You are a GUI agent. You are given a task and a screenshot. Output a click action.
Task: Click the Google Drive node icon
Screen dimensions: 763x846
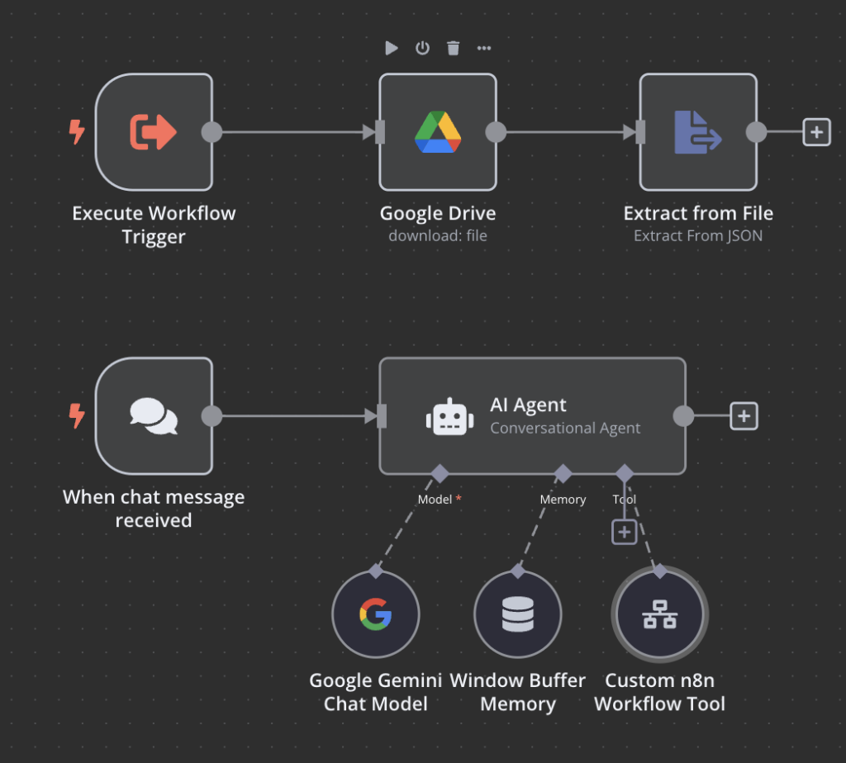[437, 132]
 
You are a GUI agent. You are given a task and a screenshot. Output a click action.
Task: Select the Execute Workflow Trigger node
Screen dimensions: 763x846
[154, 132]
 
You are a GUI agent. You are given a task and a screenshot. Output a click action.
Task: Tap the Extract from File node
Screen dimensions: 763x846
[698, 132]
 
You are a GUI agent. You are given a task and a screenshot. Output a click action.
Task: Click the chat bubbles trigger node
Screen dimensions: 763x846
[154, 415]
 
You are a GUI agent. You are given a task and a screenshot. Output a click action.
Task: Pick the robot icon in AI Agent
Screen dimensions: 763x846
[449, 417]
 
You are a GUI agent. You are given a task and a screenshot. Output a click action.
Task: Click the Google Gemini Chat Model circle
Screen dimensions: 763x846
[376, 615]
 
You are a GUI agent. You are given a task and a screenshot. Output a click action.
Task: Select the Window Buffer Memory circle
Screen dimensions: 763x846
[518, 615]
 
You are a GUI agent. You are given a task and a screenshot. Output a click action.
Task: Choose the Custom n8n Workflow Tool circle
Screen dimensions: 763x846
[659, 615]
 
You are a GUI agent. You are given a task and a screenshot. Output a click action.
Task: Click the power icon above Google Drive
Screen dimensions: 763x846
[422, 48]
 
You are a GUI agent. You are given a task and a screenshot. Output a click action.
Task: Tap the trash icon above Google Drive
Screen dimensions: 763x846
[453, 48]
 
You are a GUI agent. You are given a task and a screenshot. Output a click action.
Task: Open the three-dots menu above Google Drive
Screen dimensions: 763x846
[484, 48]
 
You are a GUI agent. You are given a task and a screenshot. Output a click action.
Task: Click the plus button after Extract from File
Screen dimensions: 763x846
[816, 132]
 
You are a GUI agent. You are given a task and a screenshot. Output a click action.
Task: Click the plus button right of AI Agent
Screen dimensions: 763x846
[744, 416]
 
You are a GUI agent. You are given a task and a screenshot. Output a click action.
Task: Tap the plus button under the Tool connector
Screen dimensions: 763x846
[625, 532]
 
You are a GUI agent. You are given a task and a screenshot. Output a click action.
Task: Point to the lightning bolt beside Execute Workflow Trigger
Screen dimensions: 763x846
[77, 132]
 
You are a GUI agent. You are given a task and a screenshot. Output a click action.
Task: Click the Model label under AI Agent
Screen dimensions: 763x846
[435, 500]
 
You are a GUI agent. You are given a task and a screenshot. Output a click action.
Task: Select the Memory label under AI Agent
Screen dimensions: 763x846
[563, 500]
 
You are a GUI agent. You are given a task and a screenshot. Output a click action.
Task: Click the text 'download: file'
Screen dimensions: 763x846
[437, 236]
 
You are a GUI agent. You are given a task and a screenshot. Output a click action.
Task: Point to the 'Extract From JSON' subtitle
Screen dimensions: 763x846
[698, 236]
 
